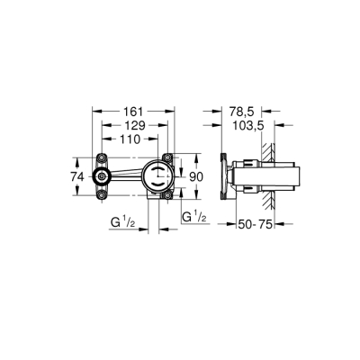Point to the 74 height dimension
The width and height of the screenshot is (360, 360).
pyautogui.click(x=76, y=178)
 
